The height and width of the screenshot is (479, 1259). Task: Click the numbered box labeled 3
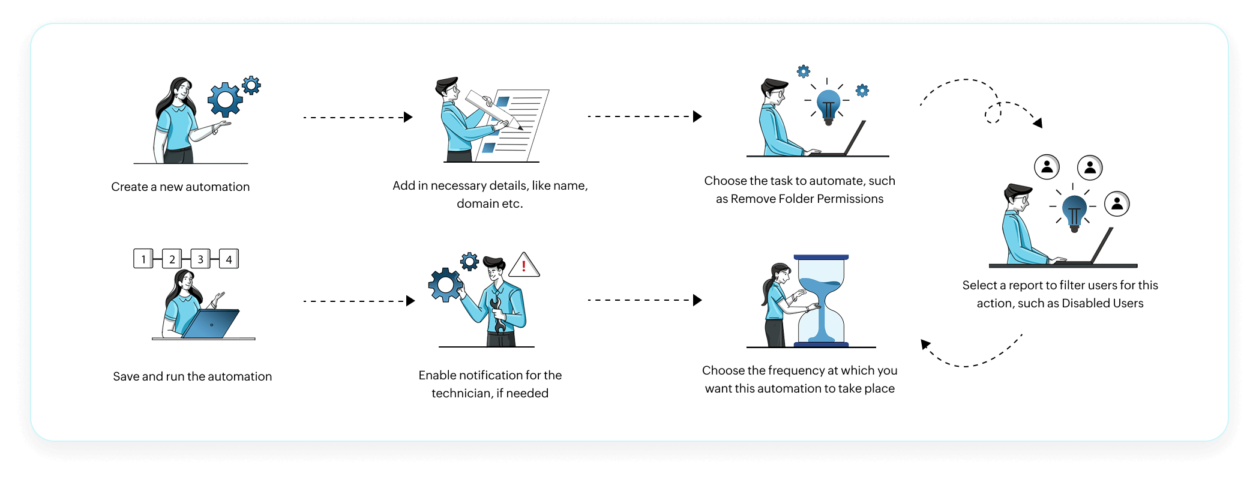pyautogui.click(x=200, y=259)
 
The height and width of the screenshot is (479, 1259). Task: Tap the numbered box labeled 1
pyautogui.click(x=143, y=259)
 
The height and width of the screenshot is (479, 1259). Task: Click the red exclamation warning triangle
pyautogui.click(x=524, y=265)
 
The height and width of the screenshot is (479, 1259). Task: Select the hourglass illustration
pyautogui.click(x=821, y=301)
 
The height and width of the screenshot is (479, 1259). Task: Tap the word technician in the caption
pyautogui.click(x=461, y=393)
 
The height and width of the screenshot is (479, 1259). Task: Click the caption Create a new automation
pyautogui.click(x=180, y=187)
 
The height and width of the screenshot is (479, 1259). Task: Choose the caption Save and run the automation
pyautogui.click(x=192, y=376)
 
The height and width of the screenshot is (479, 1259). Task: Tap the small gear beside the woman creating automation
pyautogui.click(x=251, y=85)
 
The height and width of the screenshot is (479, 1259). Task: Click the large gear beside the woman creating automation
pyautogui.click(x=225, y=100)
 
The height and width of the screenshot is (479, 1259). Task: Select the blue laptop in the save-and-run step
pyautogui.click(x=211, y=324)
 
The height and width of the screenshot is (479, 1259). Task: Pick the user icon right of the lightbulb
pyautogui.click(x=1117, y=204)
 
